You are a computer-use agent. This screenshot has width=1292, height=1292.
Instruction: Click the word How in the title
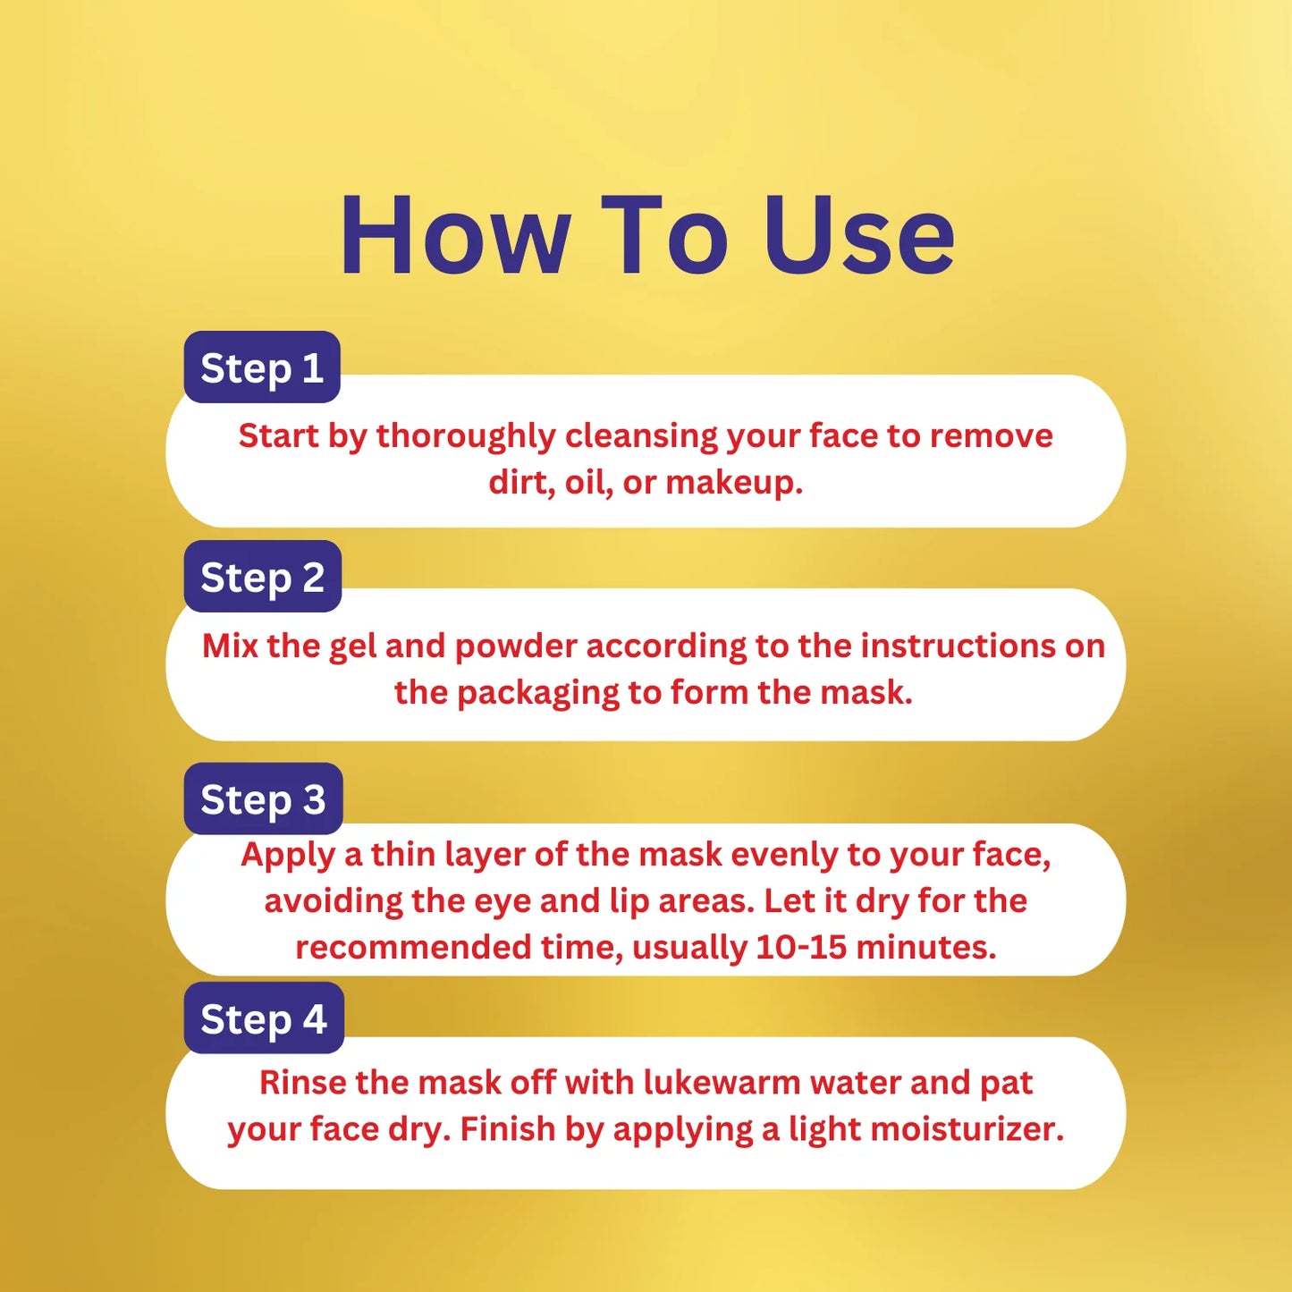pos(455,235)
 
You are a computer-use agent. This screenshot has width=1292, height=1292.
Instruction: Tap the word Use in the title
pos(858,235)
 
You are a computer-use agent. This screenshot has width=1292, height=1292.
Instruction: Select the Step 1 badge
pos(262,367)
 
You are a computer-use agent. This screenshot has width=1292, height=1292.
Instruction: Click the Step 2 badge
pos(263,577)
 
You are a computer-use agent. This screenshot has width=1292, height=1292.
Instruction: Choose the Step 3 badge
pos(264,798)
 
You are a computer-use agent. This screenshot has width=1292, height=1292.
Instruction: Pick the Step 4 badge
pos(264,1018)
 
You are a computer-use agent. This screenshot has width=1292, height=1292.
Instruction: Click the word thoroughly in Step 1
pos(466,437)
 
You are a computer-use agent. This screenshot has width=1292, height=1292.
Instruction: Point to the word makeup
pos(734,483)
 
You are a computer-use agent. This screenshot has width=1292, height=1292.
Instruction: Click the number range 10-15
pos(801,947)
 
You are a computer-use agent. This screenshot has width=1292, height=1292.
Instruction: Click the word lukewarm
pos(722,1083)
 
